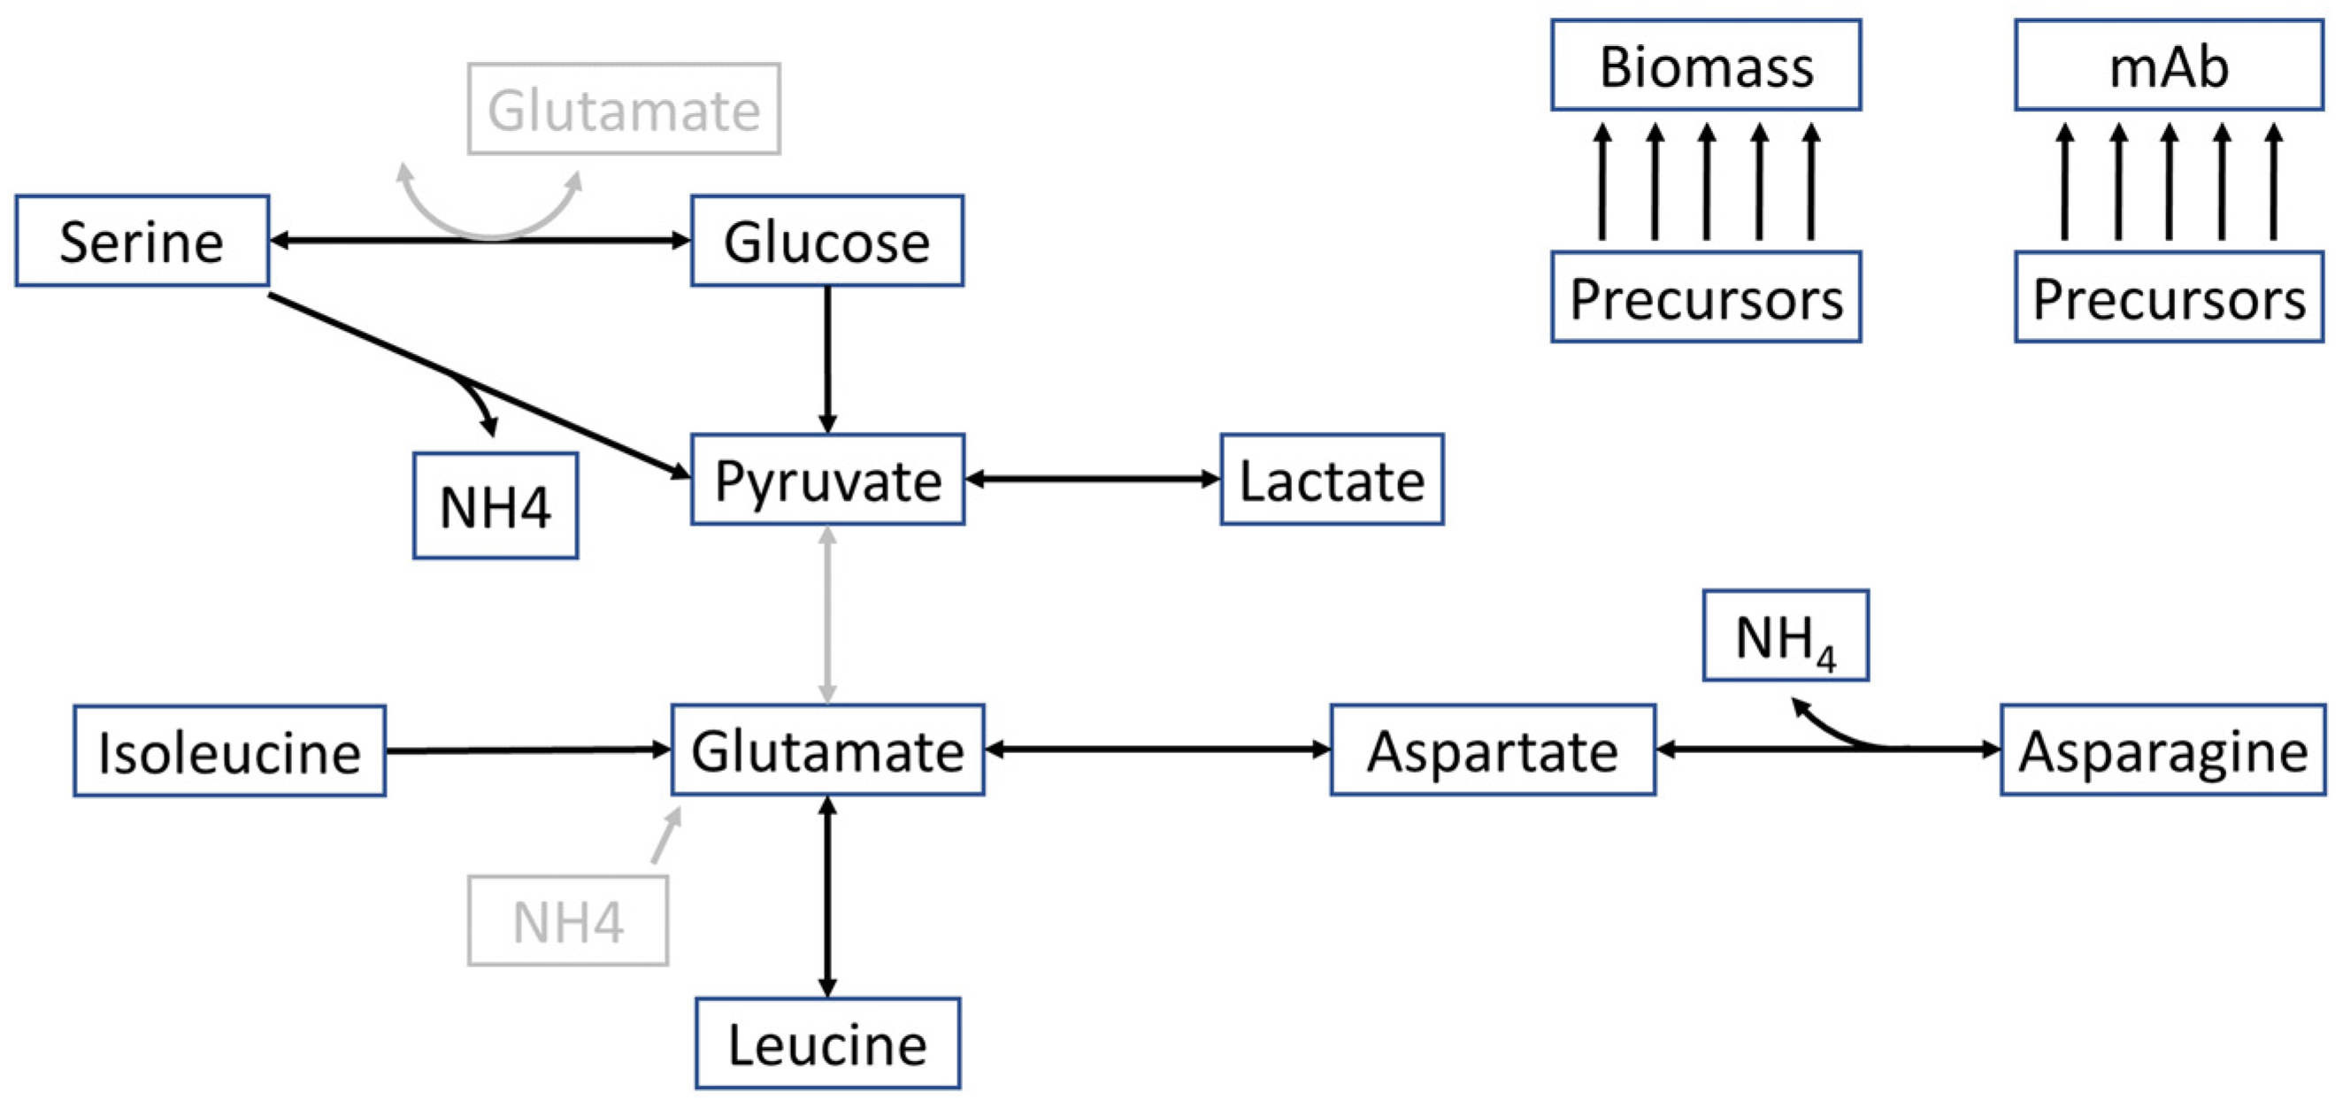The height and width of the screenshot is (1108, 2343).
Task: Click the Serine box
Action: [142, 241]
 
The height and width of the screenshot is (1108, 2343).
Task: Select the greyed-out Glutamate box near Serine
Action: [624, 109]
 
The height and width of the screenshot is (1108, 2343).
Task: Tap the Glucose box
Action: [826, 241]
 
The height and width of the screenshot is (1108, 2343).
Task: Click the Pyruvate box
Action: [826, 480]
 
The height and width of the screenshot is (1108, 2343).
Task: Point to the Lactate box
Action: [1332, 480]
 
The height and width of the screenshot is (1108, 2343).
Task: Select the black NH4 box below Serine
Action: [495, 506]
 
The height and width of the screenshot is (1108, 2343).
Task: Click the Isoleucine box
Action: [229, 751]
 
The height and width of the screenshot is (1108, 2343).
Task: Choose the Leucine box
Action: [826, 1043]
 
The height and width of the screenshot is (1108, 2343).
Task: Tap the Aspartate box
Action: [1493, 750]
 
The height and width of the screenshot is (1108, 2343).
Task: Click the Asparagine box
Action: [2162, 750]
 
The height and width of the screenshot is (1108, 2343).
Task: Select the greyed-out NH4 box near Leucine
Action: [567, 920]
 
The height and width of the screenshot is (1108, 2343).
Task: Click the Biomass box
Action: [1705, 65]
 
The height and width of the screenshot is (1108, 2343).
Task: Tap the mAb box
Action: [2169, 65]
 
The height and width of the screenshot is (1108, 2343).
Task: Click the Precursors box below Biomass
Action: [1705, 297]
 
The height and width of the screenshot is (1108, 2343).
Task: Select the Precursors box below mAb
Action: [2169, 297]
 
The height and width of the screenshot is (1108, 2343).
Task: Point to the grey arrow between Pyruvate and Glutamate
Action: [826, 615]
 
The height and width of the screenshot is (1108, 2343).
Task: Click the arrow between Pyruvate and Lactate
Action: [1092, 479]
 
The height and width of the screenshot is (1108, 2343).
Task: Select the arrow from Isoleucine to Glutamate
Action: [527, 750]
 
